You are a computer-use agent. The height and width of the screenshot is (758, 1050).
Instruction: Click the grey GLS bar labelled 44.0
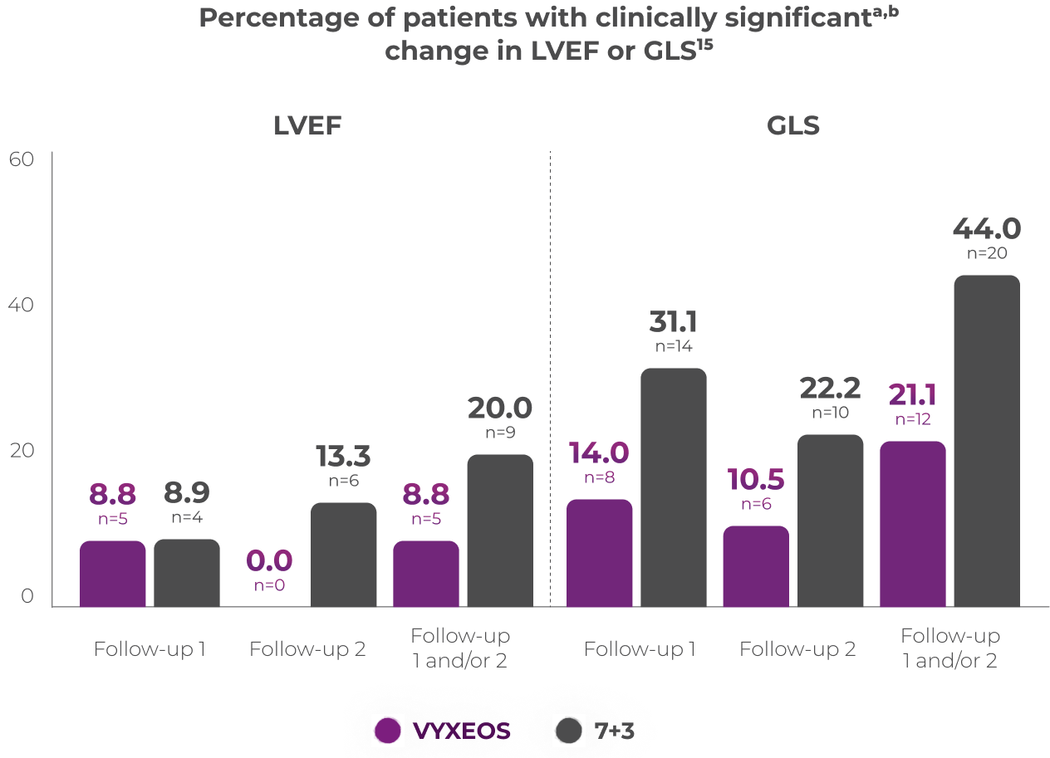tap(986, 440)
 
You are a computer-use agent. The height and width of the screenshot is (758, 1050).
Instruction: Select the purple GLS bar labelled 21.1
tap(912, 523)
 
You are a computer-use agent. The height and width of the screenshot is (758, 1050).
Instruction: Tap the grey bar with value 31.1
tap(673, 487)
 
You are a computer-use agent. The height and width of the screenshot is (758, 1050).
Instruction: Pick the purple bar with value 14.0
tap(599, 552)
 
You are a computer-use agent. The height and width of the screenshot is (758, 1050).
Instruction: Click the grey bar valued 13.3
tap(343, 554)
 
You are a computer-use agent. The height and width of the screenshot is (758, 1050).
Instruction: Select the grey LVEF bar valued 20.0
tap(499, 530)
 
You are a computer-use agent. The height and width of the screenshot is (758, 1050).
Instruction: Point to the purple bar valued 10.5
tap(755, 565)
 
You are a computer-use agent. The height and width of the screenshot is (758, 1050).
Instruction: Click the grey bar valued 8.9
tap(187, 572)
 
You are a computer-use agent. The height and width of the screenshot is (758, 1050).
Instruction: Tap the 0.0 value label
tap(269, 561)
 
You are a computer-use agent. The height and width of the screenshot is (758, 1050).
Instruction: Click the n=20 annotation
tap(986, 254)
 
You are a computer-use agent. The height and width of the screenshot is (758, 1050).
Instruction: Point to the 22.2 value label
tap(830, 388)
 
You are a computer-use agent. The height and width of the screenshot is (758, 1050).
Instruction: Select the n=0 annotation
tap(269, 584)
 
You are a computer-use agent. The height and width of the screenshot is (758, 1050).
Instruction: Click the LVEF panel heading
tap(307, 125)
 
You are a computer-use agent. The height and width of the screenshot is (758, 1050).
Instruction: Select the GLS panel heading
tap(792, 125)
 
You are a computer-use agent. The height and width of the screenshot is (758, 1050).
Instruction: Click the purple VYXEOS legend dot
tap(387, 731)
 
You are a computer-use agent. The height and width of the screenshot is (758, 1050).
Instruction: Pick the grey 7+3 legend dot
tap(569, 731)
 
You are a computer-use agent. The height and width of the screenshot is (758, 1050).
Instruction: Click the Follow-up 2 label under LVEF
tap(307, 649)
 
